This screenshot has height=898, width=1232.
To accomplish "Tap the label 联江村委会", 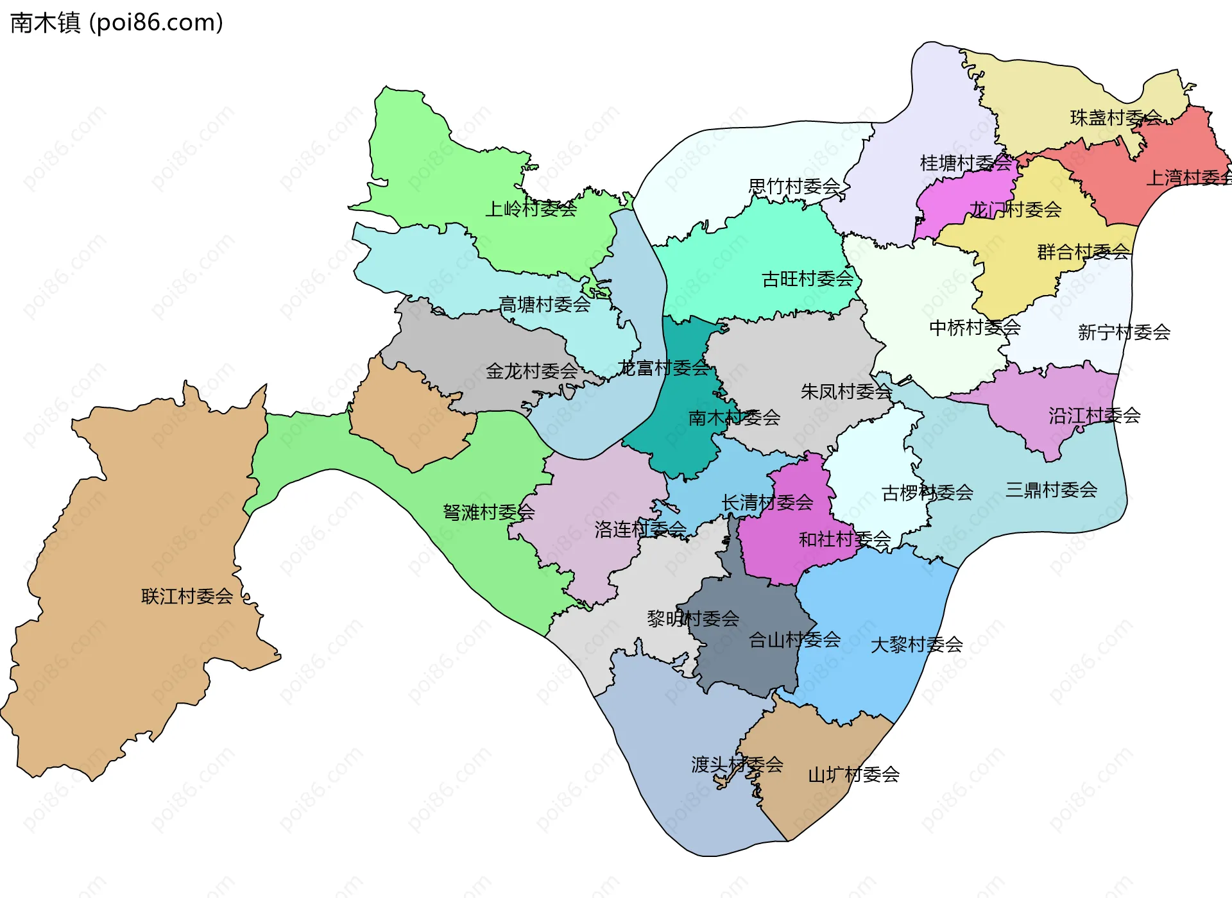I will pos(187,597).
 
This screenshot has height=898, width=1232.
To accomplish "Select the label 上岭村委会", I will pos(531,209).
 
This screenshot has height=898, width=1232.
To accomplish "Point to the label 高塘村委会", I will pos(545,305).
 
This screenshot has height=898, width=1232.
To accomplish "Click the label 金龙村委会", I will pos(532,371).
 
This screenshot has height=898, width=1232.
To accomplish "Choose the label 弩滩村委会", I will pos(488,513).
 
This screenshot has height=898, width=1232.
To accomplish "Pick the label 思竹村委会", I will pos(794,187).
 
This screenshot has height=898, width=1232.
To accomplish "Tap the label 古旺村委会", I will pos(807,279).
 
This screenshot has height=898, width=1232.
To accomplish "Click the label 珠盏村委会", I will pos(1116,118).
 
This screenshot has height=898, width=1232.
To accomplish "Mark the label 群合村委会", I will pos(1083,252).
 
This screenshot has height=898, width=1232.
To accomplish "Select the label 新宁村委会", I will pos(1124,332).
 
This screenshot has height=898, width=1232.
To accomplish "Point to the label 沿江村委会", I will pos(1095,416).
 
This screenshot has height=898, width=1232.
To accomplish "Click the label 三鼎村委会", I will pos(1051,490).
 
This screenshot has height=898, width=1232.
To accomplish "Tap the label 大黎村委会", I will pos(916,645).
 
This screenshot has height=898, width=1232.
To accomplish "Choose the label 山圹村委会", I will pos(853,775).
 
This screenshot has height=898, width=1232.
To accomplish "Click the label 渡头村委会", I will pos(737,765).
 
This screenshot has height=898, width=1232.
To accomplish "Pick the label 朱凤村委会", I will pos(846,392).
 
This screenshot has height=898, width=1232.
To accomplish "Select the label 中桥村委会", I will pos(975,328).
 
